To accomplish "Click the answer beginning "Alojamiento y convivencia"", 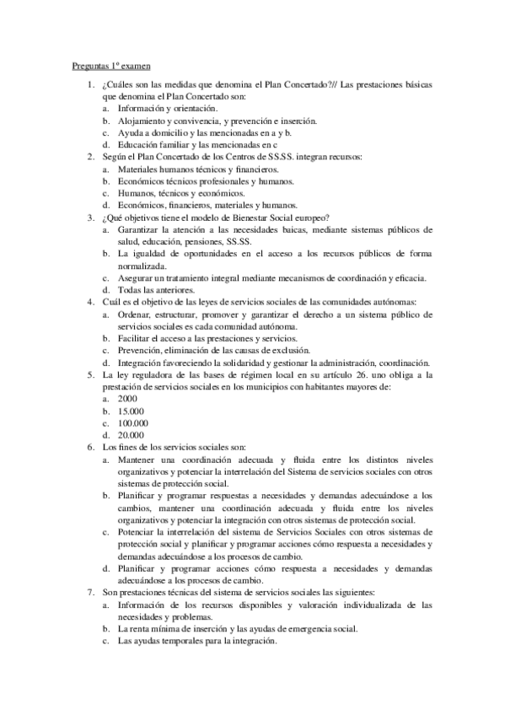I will tap(216, 121).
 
